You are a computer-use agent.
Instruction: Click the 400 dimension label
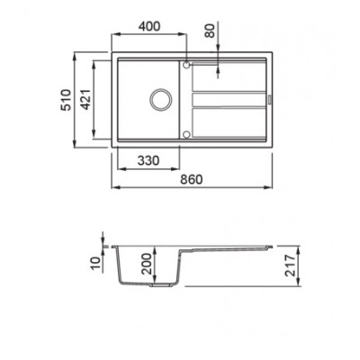[x=149, y=26]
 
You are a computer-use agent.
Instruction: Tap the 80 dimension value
[x=211, y=31]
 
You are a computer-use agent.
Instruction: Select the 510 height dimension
[x=67, y=100]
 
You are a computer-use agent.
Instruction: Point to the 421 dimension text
[x=85, y=99]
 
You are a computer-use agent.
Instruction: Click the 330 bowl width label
[x=148, y=161]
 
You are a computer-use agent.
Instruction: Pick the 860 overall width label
[x=192, y=179]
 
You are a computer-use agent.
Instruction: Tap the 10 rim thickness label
[x=95, y=263]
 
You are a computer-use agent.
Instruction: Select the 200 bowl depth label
[x=147, y=264]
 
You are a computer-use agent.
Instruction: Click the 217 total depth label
[x=291, y=265]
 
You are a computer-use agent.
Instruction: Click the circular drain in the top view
[x=161, y=99]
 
